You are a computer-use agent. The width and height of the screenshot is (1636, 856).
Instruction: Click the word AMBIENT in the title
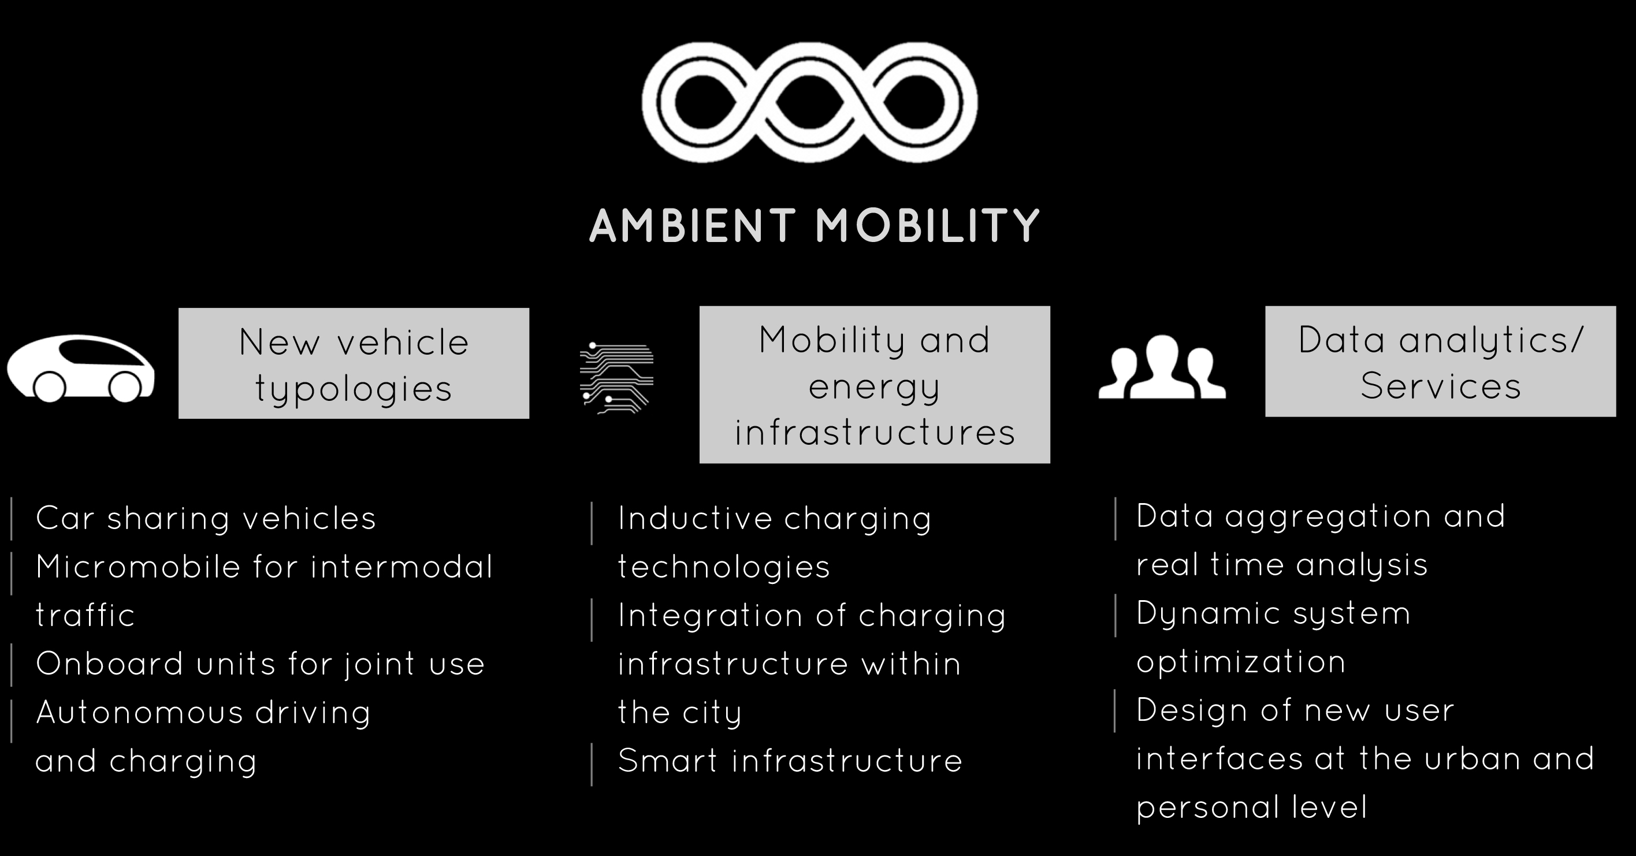point(693,225)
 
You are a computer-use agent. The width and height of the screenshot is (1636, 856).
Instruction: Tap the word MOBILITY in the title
point(928,225)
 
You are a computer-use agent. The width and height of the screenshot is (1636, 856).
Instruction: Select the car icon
point(81,369)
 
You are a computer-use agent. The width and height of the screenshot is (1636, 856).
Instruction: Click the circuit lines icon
point(616,378)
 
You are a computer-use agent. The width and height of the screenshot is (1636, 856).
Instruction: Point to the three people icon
point(1162,367)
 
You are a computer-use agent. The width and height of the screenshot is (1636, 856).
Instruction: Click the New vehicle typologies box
point(354,363)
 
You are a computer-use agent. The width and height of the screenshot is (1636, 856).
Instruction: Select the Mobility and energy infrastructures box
point(875,385)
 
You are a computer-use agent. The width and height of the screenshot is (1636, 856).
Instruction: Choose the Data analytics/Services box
point(1440,362)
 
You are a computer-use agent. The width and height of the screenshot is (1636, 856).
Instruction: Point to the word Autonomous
point(140,712)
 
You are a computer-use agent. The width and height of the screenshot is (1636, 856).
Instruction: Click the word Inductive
point(694,518)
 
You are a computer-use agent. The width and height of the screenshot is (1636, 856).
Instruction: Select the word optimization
point(1241,663)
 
